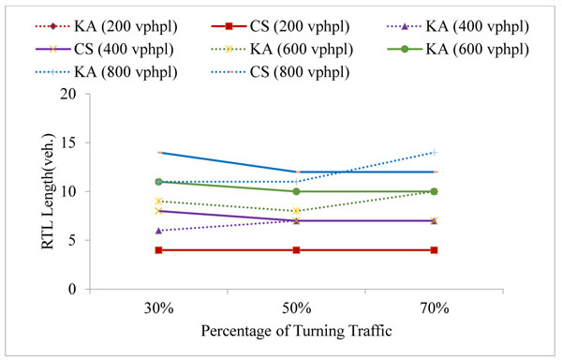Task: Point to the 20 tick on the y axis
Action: tap(91, 94)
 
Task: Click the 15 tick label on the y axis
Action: tap(91, 142)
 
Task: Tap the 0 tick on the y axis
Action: tap(95, 289)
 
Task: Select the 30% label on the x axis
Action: tap(158, 307)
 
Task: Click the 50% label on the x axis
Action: tap(297, 307)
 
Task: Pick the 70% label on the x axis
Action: tap(434, 307)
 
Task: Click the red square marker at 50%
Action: tap(297, 250)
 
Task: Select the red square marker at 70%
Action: tap(435, 250)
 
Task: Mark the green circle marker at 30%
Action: tap(159, 182)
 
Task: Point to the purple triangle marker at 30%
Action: tap(159, 231)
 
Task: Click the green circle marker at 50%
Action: tap(297, 191)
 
